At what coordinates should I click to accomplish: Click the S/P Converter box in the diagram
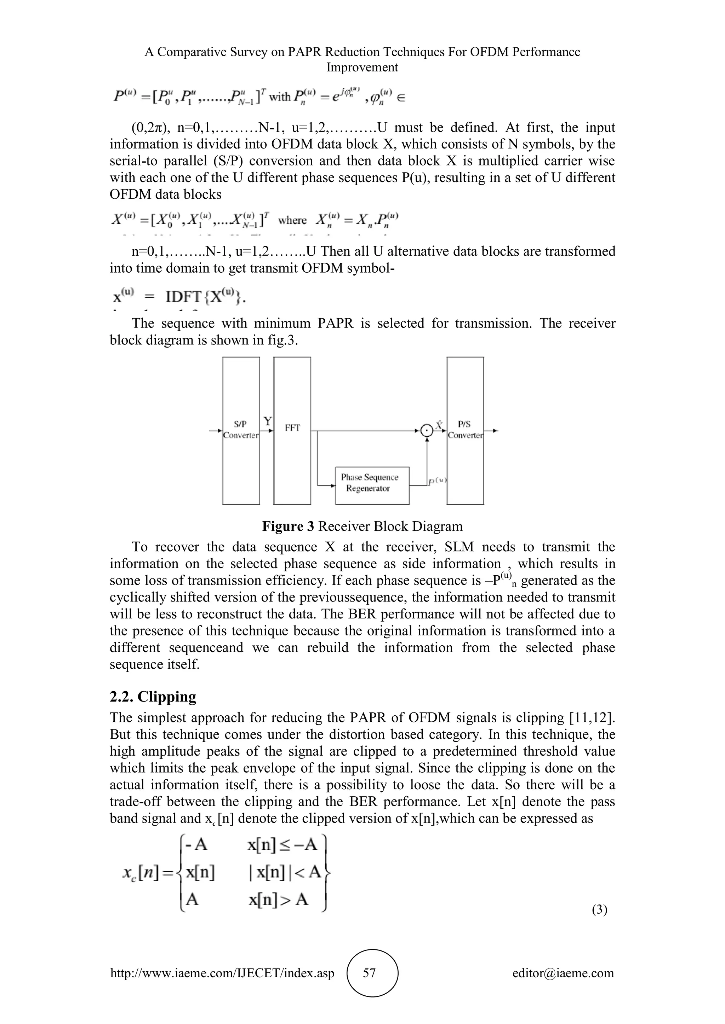click(x=241, y=430)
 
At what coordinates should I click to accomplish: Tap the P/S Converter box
click(x=465, y=430)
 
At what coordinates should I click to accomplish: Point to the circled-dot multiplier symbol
click(x=427, y=431)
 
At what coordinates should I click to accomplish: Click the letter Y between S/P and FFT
click(x=267, y=421)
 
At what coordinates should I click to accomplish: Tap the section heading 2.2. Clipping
click(x=153, y=696)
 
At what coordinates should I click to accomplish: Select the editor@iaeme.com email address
click(x=563, y=973)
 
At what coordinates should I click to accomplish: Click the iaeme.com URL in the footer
click(x=222, y=973)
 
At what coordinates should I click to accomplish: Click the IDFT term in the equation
click(x=184, y=297)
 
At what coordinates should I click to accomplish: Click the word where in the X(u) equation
click(x=292, y=220)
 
